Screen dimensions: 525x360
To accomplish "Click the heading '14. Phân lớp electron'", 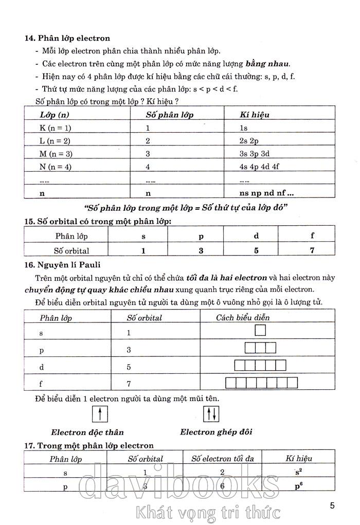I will (68, 38).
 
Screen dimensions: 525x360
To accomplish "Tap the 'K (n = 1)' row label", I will (56, 128).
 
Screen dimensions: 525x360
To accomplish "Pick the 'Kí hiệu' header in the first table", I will (255, 115).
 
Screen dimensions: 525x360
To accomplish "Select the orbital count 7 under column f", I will (312, 250).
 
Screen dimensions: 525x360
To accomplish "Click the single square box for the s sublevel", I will (260, 330).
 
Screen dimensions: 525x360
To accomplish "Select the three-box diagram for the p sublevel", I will (260, 348).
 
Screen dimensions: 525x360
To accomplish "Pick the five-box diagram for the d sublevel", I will (260, 366).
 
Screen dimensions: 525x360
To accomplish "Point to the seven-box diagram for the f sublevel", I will (260, 383).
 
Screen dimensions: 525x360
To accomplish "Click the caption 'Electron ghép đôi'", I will (216, 432).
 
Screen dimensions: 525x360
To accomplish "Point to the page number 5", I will (332, 505).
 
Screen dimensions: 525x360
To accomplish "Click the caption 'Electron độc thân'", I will (87, 432).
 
